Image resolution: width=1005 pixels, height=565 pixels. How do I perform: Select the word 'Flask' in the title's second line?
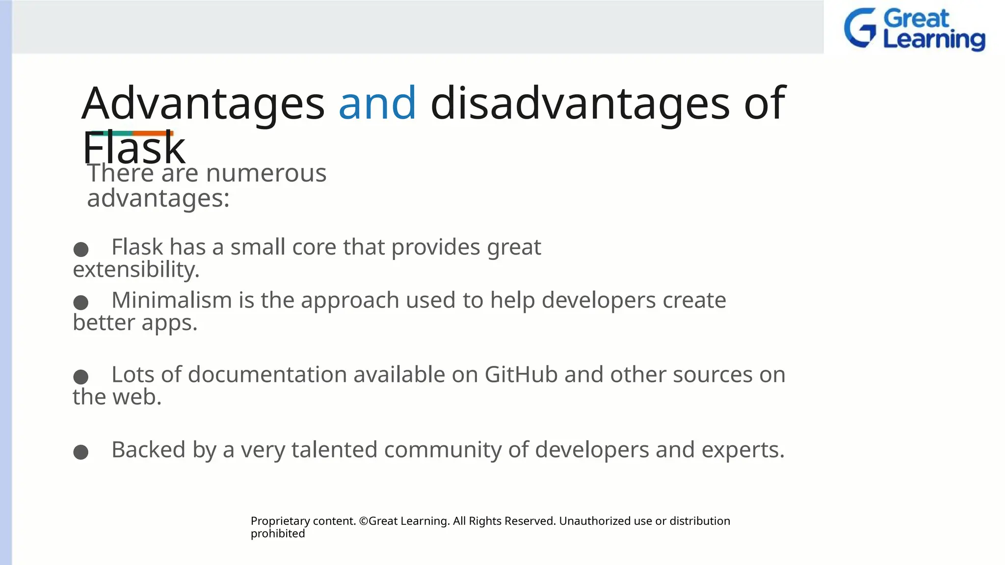point(133,149)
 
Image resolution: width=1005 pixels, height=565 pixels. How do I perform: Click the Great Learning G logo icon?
point(860,28)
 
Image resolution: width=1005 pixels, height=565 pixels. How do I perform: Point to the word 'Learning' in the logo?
point(933,40)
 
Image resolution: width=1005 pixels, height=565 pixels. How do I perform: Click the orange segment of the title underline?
point(153,133)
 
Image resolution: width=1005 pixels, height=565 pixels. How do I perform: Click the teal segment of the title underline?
point(112,133)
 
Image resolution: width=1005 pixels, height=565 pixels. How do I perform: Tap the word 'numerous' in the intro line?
point(266,173)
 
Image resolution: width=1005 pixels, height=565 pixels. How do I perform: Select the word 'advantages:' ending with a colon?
point(158,199)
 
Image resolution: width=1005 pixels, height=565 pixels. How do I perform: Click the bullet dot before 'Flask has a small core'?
point(81,249)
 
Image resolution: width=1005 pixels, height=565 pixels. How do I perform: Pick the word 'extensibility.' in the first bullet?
point(136,270)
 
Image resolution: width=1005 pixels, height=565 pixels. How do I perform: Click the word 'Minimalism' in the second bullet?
point(171,300)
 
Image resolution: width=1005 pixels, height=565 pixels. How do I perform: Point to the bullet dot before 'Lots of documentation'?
point(81,377)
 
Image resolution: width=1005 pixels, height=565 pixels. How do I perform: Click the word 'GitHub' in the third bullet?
point(521,375)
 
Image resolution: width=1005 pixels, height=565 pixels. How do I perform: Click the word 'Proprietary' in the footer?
point(280,521)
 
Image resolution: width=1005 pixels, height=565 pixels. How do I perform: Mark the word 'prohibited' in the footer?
point(278,534)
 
